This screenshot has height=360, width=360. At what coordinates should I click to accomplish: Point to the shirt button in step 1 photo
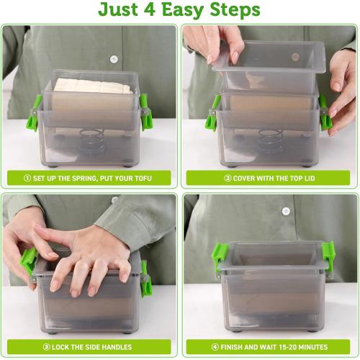(114, 59)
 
